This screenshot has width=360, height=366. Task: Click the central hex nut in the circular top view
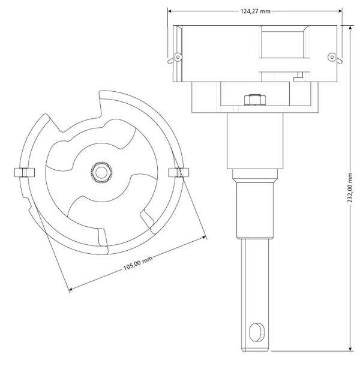(100, 173)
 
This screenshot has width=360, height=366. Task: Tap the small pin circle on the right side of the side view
(331, 58)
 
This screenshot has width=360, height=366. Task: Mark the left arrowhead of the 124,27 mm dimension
(170, 11)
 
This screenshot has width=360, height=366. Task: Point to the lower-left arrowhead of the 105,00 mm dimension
(71, 290)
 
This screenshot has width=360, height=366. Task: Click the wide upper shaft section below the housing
(254, 141)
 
